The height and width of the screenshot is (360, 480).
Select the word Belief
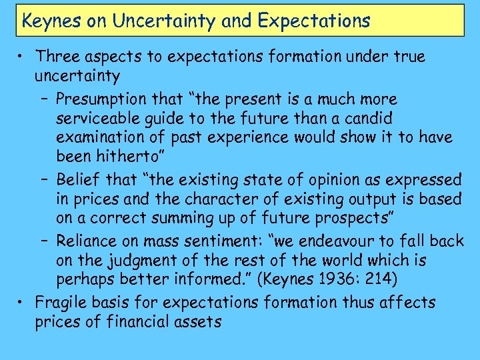point(78,179)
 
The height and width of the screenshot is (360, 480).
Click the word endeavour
point(323,241)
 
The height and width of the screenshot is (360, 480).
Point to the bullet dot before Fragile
point(22,303)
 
